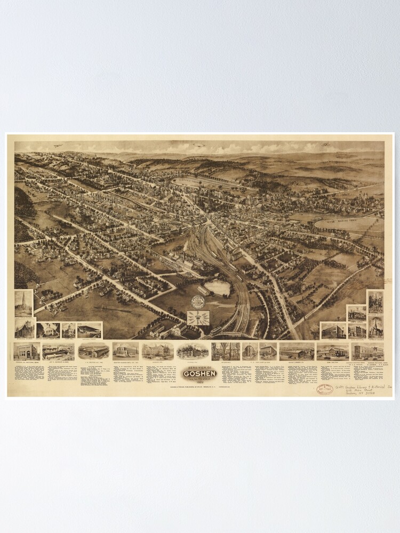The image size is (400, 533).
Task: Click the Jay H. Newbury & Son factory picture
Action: [59, 351]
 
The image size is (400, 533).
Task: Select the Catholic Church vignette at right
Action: [374, 302]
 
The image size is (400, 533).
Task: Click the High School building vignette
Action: [157, 351]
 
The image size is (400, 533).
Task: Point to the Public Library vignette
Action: [69, 330]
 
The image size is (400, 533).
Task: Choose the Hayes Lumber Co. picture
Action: [297, 351]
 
